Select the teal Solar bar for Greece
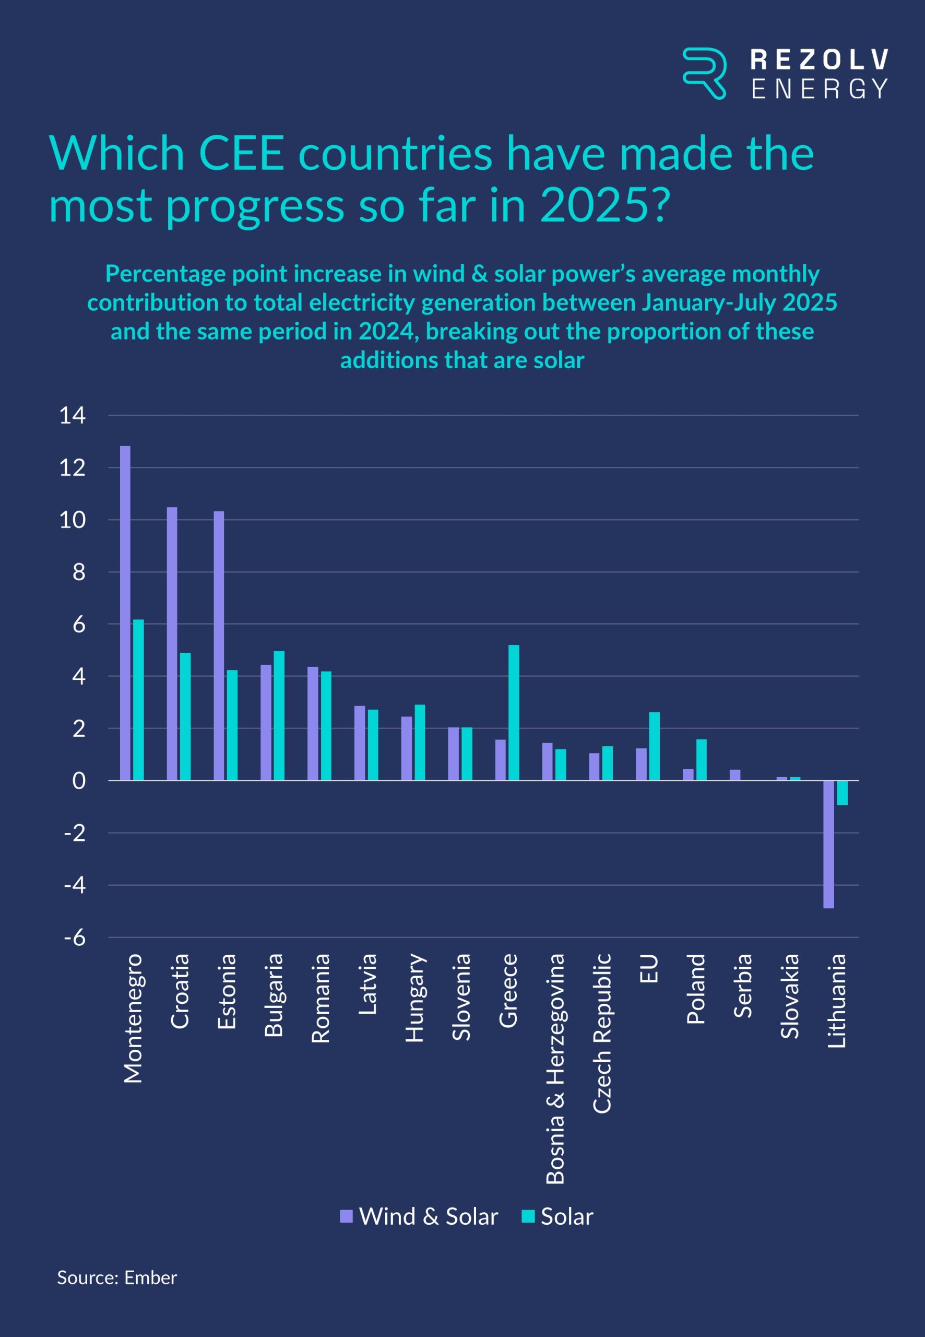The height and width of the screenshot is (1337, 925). coord(514,712)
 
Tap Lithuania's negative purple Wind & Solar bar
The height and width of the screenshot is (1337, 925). coord(829,844)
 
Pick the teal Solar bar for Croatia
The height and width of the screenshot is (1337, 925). coord(185,717)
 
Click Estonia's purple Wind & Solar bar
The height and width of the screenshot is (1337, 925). coord(219,646)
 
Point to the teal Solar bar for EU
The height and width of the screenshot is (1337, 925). coord(655,746)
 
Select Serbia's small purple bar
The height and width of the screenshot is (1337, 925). coord(735,775)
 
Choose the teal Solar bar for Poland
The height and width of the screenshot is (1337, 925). coord(701,759)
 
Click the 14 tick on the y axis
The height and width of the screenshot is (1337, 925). coord(73,416)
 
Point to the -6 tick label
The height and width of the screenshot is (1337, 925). coord(75,937)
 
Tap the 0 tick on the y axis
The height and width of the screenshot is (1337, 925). coord(79,781)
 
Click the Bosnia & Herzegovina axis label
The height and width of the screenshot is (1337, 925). coord(555,1068)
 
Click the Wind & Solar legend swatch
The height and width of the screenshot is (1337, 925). coord(346,1216)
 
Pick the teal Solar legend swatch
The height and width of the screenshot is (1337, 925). coord(528,1216)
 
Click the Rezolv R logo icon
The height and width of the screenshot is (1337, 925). coord(704,73)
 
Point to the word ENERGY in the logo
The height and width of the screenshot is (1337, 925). coord(819,89)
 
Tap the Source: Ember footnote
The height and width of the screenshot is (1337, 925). coord(117,1278)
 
